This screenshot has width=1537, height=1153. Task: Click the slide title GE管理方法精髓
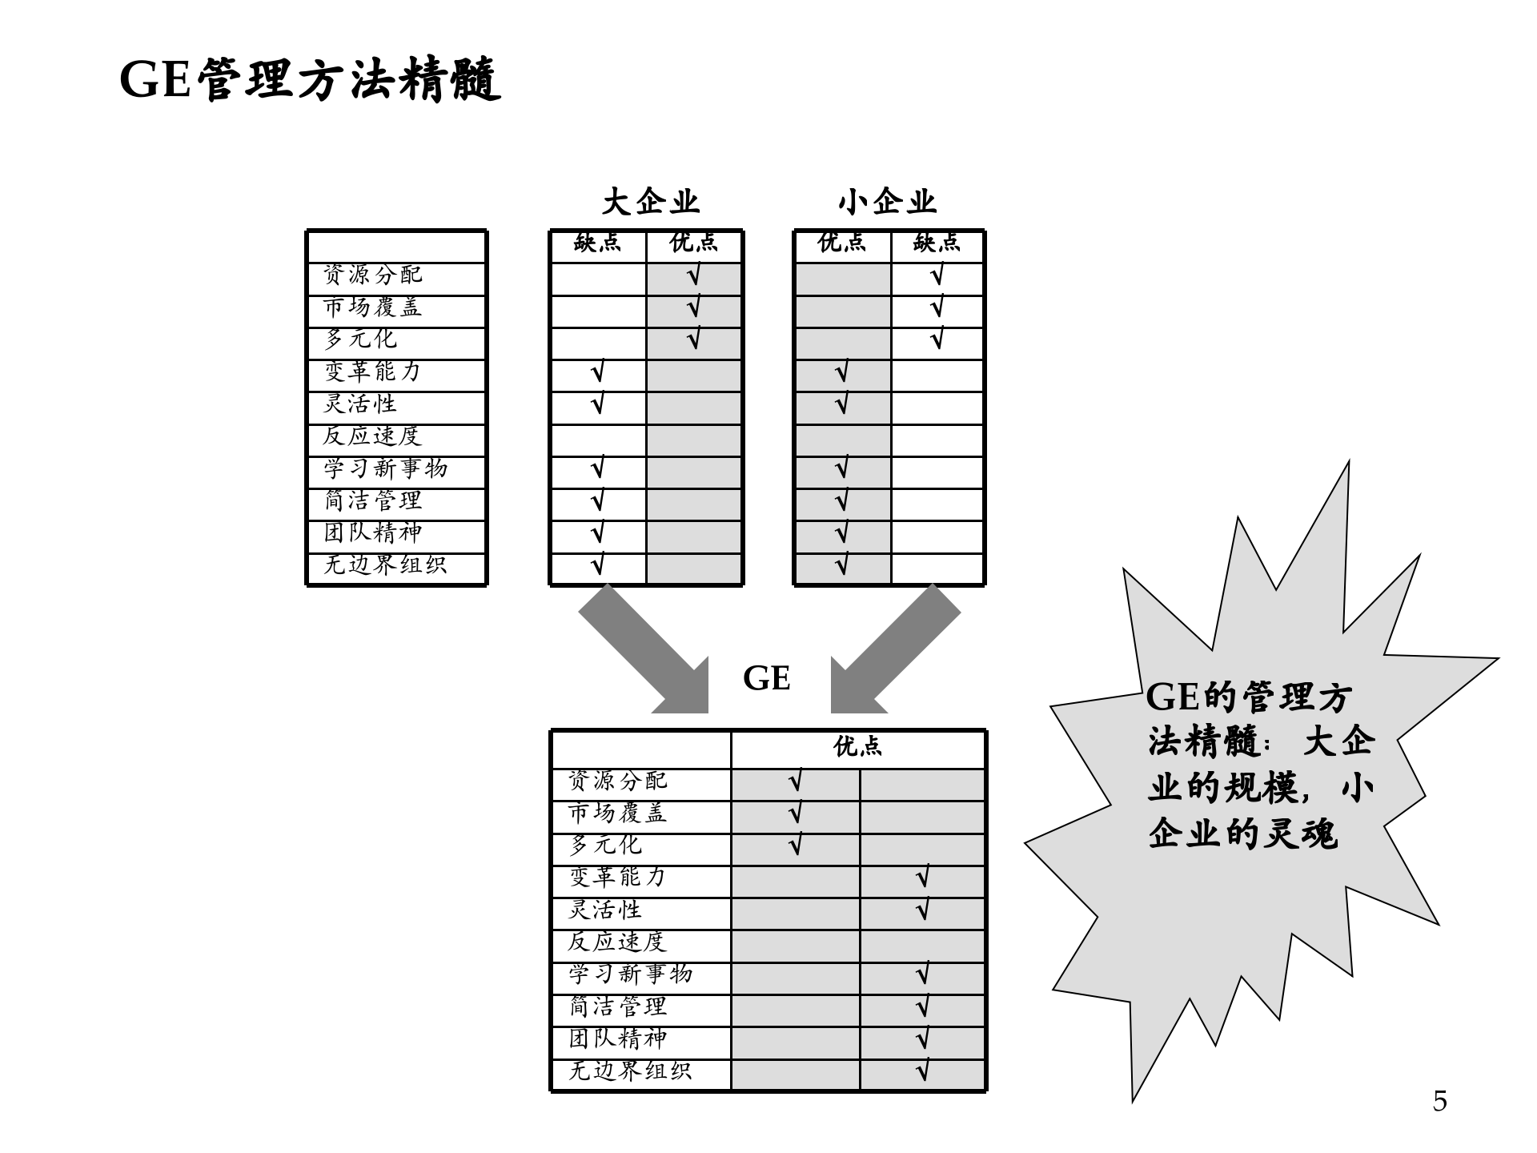pos(310,79)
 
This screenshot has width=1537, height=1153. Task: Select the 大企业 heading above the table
pos(650,201)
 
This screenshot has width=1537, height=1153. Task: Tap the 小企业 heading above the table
pos(887,201)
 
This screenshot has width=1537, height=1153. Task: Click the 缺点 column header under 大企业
pos(597,243)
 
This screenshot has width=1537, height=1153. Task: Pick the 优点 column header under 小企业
pos(841,243)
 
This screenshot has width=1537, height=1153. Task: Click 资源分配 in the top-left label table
pos(372,275)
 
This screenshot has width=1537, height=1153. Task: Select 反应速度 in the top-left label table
pos(371,436)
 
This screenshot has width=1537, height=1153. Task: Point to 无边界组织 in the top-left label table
pos(384,564)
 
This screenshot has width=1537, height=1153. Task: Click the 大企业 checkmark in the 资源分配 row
pos(693,276)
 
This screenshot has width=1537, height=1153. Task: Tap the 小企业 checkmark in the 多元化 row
pos(937,339)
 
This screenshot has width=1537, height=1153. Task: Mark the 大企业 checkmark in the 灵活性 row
pos(597,404)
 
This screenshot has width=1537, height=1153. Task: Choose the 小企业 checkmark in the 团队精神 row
pos(841,533)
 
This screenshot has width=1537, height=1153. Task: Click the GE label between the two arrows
pos(766,678)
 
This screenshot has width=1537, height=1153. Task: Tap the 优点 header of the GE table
pos(857,747)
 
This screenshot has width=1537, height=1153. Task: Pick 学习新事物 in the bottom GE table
pos(630,974)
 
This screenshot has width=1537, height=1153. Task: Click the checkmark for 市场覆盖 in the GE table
pos(795,814)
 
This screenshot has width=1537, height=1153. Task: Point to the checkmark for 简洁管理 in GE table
pos(922,1007)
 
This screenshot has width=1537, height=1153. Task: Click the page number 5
pos(1439,1102)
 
